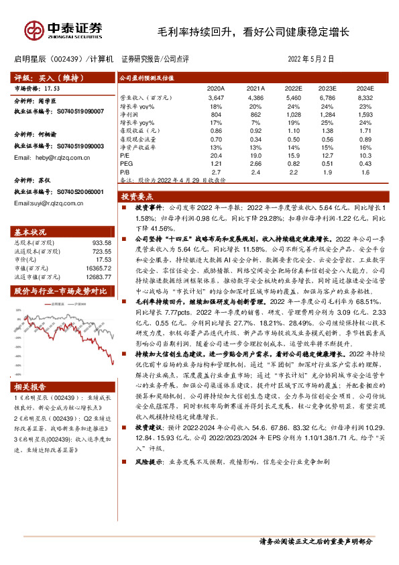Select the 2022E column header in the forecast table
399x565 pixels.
[x=293, y=88]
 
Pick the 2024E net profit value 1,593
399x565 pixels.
[x=365, y=115]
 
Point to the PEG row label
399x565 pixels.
[x=125, y=163]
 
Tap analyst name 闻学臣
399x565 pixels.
[x=57, y=101]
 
